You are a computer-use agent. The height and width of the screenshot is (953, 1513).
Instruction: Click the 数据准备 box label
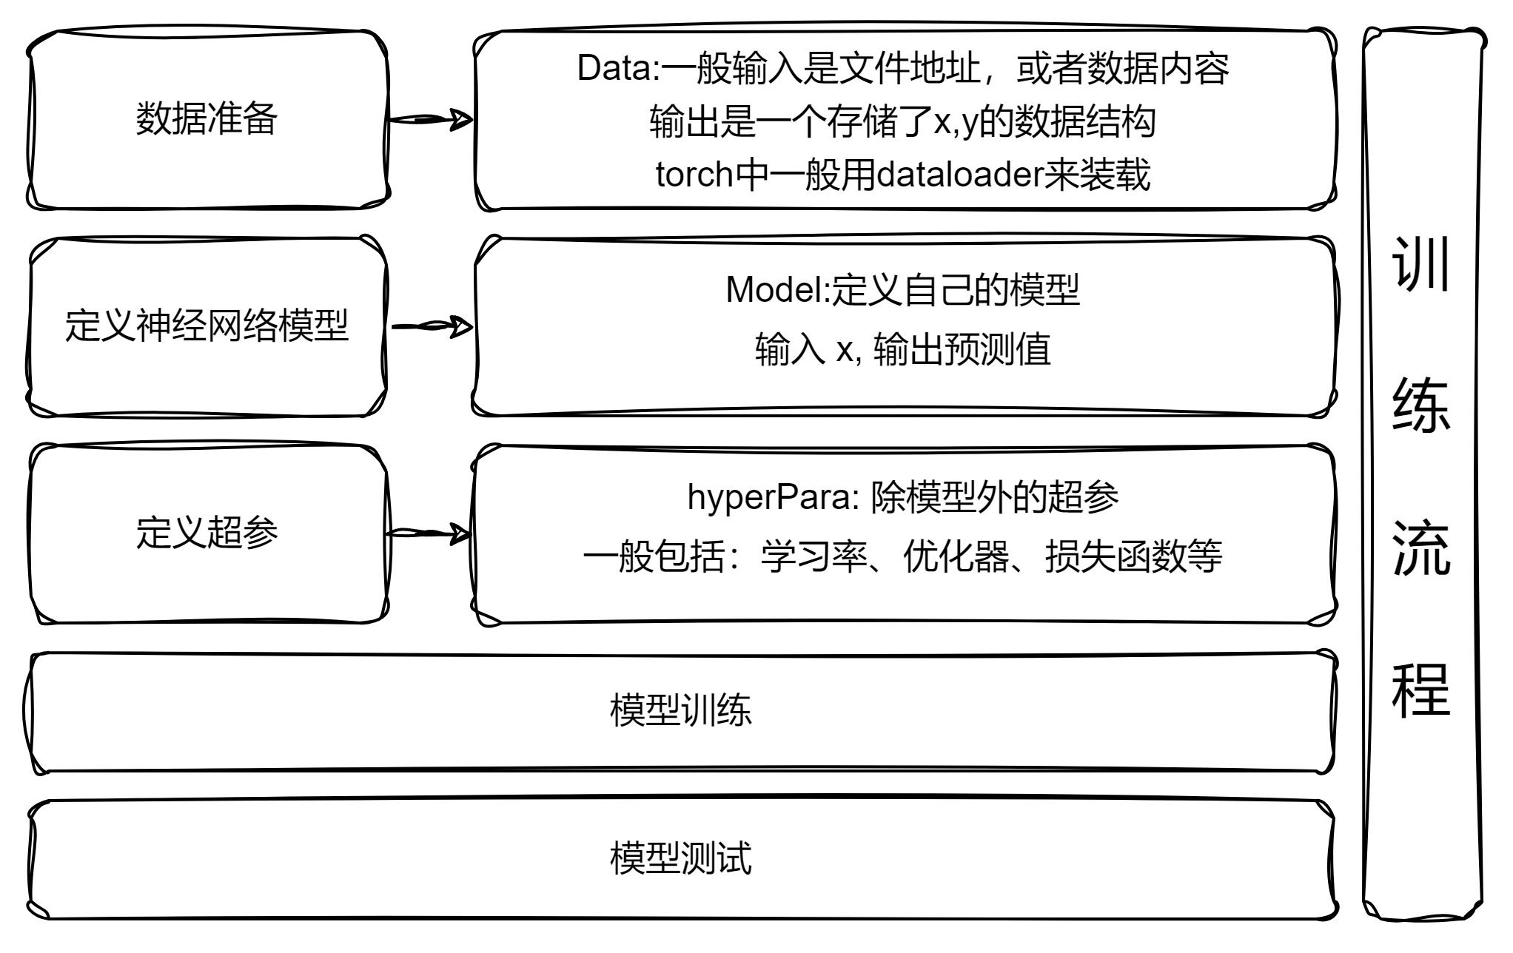pyautogui.click(x=207, y=119)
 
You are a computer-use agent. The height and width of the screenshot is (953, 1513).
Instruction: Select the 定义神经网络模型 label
pyautogui.click(x=207, y=326)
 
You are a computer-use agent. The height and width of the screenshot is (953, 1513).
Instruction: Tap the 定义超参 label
pyautogui.click(x=207, y=532)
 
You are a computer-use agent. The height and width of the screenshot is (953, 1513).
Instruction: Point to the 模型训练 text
pyautogui.click(x=680, y=710)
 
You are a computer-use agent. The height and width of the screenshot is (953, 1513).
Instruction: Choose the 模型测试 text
pyautogui.click(x=680, y=858)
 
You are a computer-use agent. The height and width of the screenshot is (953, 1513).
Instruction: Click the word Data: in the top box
pyautogui.click(x=618, y=69)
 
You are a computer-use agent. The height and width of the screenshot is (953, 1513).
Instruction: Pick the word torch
pyautogui.click(x=694, y=175)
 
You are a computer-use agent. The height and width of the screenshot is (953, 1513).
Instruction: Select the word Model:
pyautogui.click(x=777, y=290)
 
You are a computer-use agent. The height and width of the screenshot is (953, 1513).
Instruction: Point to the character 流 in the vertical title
pyautogui.click(x=1420, y=548)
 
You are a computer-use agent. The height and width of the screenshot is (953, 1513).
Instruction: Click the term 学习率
pyautogui.click(x=813, y=557)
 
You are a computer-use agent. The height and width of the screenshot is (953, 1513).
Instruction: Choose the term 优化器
pyautogui.click(x=956, y=557)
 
